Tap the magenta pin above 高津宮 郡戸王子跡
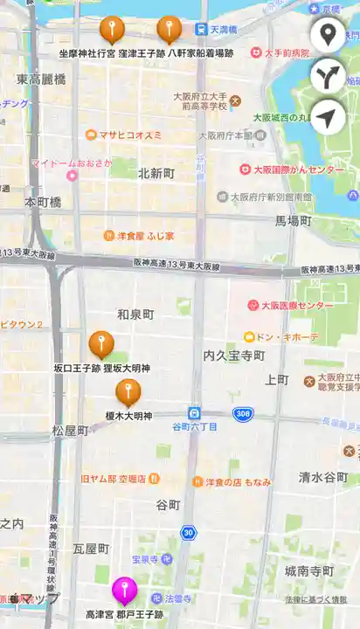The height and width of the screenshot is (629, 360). tap(124, 589)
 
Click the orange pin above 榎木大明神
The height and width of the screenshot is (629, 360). tap(128, 391)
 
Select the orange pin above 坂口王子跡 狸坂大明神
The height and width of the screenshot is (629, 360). tap(101, 344)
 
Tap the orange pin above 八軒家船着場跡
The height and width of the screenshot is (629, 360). tap(169, 29)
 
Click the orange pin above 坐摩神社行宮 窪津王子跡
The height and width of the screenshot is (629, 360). tap(112, 29)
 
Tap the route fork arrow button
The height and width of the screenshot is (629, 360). tap(328, 76)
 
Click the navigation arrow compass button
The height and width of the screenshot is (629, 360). tap(328, 117)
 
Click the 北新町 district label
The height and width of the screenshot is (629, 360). tap(157, 173)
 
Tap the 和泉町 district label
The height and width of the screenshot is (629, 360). tap(135, 314)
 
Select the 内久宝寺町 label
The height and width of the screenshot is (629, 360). tap(233, 356)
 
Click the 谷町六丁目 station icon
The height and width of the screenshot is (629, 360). tap(193, 412)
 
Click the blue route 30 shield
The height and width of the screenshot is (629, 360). tap(188, 532)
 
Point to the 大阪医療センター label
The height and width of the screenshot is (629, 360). tap(297, 306)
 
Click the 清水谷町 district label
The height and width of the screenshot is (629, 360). tap(323, 476)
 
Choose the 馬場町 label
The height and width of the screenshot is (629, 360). tap(294, 221)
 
